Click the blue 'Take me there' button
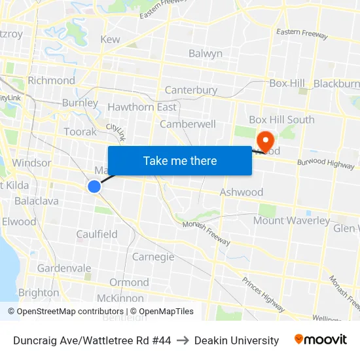click(180, 160)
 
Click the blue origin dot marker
click(94, 187)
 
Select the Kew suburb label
click(110, 39)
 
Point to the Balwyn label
click(206, 54)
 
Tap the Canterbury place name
click(191, 90)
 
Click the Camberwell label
click(188, 124)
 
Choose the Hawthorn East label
click(142, 107)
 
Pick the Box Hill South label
click(281, 120)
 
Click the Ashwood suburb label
click(242, 192)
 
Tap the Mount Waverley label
click(292, 221)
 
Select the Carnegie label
click(153, 257)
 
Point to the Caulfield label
click(97, 234)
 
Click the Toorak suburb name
click(81, 132)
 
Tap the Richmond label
click(51, 81)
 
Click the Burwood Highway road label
click(325, 164)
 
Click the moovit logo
click(321, 340)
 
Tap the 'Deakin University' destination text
click(237, 340)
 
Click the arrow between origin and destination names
click(183, 340)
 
